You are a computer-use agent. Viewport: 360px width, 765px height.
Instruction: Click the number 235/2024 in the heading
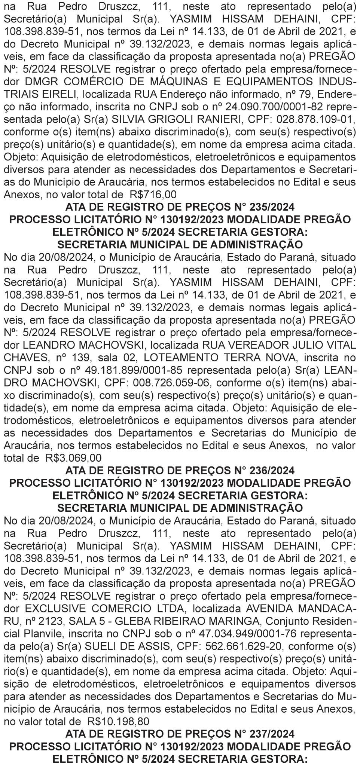click(x=262, y=207)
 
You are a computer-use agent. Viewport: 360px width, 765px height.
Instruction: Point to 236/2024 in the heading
click(x=262, y=470)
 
